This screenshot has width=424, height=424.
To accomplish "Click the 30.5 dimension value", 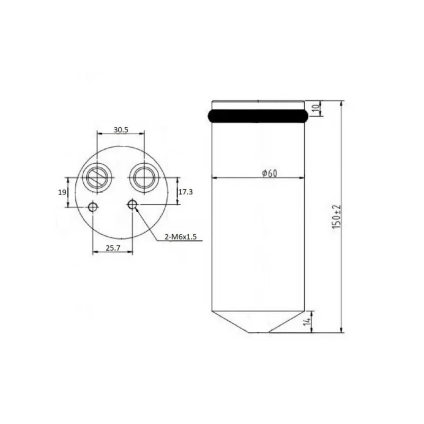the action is coord(121,130).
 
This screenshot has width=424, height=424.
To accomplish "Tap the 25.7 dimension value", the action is coord(113,248).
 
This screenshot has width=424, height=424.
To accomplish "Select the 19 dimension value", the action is coord(62,192).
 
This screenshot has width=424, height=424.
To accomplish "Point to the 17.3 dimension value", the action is coord(185,192).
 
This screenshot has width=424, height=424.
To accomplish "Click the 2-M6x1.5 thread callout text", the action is coord(181,237).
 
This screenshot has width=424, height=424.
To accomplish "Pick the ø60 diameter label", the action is coord(270,173).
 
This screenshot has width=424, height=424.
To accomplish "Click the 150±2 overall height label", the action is coord(337,217).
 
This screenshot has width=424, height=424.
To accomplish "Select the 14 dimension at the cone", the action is coord(307,322).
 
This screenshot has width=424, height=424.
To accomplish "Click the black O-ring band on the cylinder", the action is coord(258,116).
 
